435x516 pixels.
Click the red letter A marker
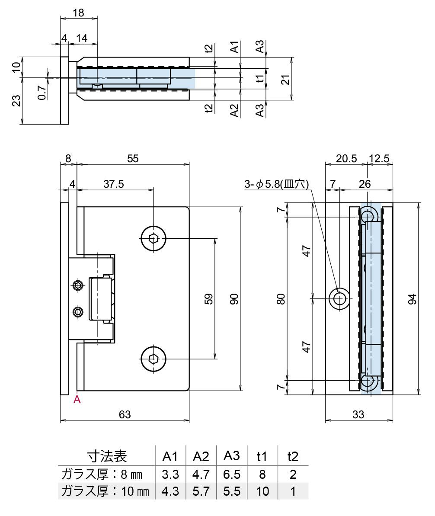[x=77, y=400]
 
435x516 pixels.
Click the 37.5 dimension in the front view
[x=114, y=184]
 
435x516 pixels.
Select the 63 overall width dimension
[x=125, y=414]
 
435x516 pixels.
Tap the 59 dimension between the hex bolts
[x=208, y=298]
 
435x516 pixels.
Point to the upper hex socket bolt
[x=153, y=238]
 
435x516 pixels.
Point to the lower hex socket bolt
[x=153, y=359]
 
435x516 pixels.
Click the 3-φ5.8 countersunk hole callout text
[x=276, y=184]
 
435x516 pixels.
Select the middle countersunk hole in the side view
[x=340, y=298]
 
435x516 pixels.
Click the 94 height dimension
[x=412, y=298]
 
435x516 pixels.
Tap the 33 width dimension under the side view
[x=358, y=414]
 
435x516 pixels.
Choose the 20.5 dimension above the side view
[x=346, y=158]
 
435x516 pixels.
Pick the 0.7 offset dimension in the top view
[x=42, y=92]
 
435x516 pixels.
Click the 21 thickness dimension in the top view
[x=285, y=79]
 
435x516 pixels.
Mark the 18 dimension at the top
[x=78, y=13]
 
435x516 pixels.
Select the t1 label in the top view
[x=259, y=79]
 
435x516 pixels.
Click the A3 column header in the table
[x=232, y=455]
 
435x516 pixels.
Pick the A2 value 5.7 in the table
[x=201, y=491]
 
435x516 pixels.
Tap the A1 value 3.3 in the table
[x=170, y=474]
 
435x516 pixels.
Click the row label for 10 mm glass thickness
[x=106, y=491]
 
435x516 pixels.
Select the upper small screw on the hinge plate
[x=78, y=285]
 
